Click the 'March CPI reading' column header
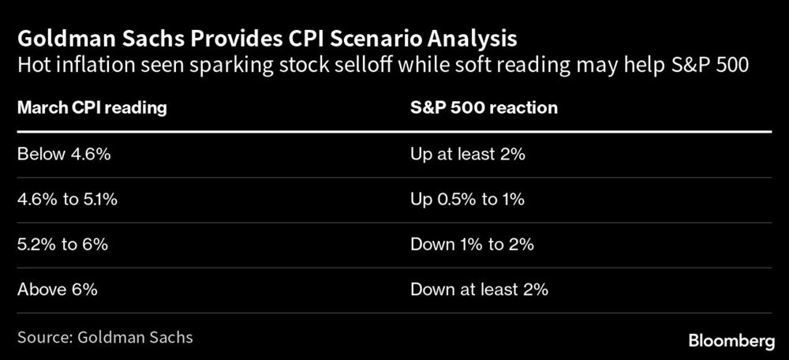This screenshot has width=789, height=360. coord(92,108)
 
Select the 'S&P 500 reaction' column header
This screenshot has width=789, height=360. coord(484,108)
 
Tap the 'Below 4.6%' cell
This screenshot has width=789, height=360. coord(63,155)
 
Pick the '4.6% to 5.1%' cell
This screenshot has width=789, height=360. coord(67,200)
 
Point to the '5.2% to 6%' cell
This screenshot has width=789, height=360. coord(62,245)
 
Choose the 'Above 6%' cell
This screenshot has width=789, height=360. coord(57,290)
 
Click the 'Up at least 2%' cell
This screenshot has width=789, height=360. coord(468,155)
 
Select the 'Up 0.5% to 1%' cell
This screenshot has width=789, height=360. coord(467,200)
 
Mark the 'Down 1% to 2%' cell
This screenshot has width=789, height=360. coord(472,245)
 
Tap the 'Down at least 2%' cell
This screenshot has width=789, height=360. coord(479,290)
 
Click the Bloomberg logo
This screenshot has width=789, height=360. coord(731,341)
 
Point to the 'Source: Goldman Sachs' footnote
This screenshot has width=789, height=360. coord(105,337)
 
